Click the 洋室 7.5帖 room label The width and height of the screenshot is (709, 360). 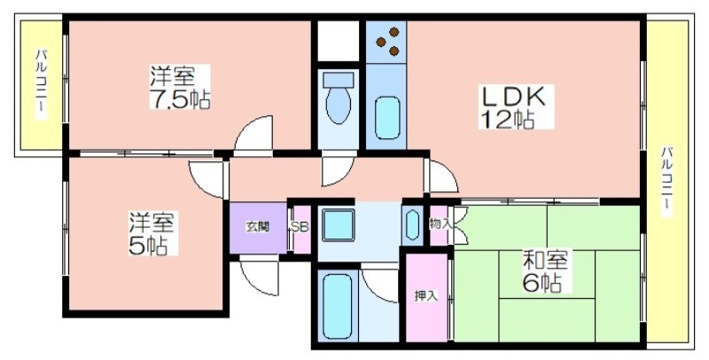[x=180, y=87]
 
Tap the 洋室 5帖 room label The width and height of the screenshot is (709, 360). [x=152, y=233]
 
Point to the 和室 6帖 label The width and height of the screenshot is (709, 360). [x=545, y=270]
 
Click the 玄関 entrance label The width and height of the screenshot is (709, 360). [x=258, y=227]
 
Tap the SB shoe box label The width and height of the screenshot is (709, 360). [x=300, y=227]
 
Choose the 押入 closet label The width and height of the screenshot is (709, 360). [x=426, y=296]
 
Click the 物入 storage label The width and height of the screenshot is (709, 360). [x=440, y=223]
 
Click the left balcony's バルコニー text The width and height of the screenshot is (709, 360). [x=41, y=84]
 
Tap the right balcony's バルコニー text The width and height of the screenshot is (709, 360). [x=667, y=181]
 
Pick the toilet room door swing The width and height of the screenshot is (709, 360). [x=337, y=172]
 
